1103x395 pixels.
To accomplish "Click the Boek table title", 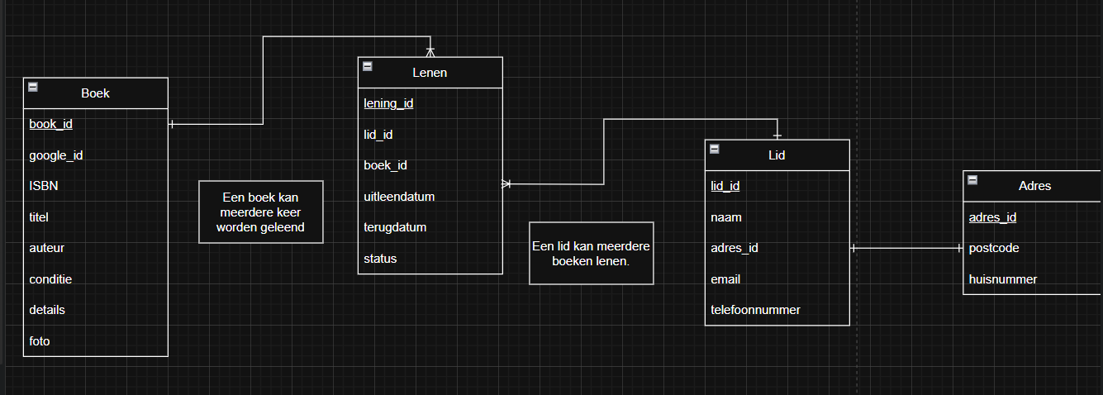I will click(95, 93).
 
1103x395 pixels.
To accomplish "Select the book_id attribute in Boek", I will click(51, 124).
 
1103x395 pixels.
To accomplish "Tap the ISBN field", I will click(44, 186).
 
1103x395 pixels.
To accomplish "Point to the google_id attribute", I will click(56, 155).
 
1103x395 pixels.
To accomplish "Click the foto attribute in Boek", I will click(40, 340).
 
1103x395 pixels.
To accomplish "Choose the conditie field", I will click(50, 279).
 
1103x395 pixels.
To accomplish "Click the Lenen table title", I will click(430, 73).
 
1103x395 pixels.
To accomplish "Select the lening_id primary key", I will click(388, 103).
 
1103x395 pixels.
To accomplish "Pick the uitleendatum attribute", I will click(399, 197).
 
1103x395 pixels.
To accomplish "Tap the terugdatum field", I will click(395, 227).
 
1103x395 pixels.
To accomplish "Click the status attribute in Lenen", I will click(380, 259).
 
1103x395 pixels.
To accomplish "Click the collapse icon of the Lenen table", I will click(368, 66).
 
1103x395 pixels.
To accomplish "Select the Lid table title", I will click(777, 155).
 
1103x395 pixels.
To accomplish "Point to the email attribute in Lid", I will click(725, 279).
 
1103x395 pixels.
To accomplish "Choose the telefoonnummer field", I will click(755, 310).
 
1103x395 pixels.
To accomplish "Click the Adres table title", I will click(1034, 186).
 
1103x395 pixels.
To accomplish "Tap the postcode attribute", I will click(994, 248).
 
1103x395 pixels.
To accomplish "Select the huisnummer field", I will click(1003, 279).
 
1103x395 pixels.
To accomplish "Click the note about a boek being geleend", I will click(261, 212).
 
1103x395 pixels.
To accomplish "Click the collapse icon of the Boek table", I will click(33, 87).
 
